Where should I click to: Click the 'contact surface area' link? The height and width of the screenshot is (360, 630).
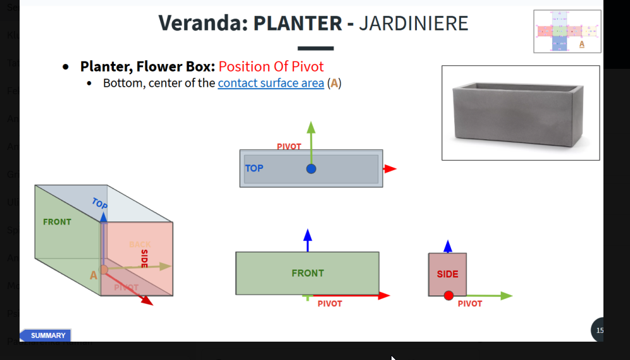click(271, 83)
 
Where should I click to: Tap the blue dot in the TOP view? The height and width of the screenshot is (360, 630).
click(311, 169)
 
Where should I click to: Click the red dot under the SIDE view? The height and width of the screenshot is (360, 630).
click(448, 295)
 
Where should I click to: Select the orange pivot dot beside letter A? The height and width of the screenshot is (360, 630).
click(104, 270)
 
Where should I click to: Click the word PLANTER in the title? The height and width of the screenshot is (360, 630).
click(297, 23)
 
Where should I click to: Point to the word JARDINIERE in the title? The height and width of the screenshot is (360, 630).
click(413, 23)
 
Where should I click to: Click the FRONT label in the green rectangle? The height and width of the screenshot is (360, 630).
click(307, 273)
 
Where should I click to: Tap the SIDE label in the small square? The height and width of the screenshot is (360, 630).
click(447, 274)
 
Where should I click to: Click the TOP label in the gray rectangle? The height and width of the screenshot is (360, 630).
click(254, 168)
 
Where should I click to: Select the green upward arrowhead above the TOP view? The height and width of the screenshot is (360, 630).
click(311, 127)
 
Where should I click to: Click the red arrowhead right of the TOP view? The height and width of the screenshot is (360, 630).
click(390, 169)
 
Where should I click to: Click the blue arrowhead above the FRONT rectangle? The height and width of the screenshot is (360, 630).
click(307, 235)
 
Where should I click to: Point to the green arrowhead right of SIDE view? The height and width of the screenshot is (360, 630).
click(505, 295)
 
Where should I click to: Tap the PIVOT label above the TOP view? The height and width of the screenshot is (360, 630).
click(289, 147)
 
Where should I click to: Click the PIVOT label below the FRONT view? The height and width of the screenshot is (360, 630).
click(330, 304)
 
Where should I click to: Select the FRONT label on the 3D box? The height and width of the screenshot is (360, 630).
click(57, 222)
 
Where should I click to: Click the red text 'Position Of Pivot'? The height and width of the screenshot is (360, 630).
click(271, 66)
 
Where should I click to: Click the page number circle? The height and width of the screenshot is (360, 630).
click(598, 330)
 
